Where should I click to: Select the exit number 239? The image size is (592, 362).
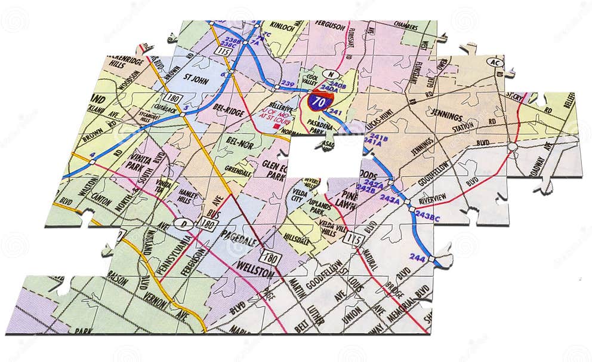[x=288, y=83]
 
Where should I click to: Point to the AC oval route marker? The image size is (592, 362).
[x=495, y=62]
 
